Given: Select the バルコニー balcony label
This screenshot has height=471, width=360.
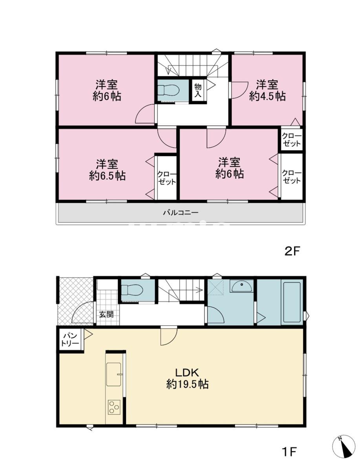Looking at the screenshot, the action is point(181,213).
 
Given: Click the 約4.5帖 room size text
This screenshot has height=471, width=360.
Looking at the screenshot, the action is point(267,96).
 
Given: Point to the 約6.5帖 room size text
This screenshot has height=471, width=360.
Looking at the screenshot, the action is point(107,176).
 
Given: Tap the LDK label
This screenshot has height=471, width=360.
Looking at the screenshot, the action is point(187,373).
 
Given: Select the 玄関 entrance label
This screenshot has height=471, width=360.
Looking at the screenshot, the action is point(106,314).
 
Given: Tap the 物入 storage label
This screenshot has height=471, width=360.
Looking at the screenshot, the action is point(197,91).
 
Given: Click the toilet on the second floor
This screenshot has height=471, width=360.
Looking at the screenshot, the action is point(168,90).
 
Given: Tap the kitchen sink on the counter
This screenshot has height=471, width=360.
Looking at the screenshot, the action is point(114,374).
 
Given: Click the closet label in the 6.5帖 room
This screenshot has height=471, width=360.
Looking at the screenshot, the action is point(167,178).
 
